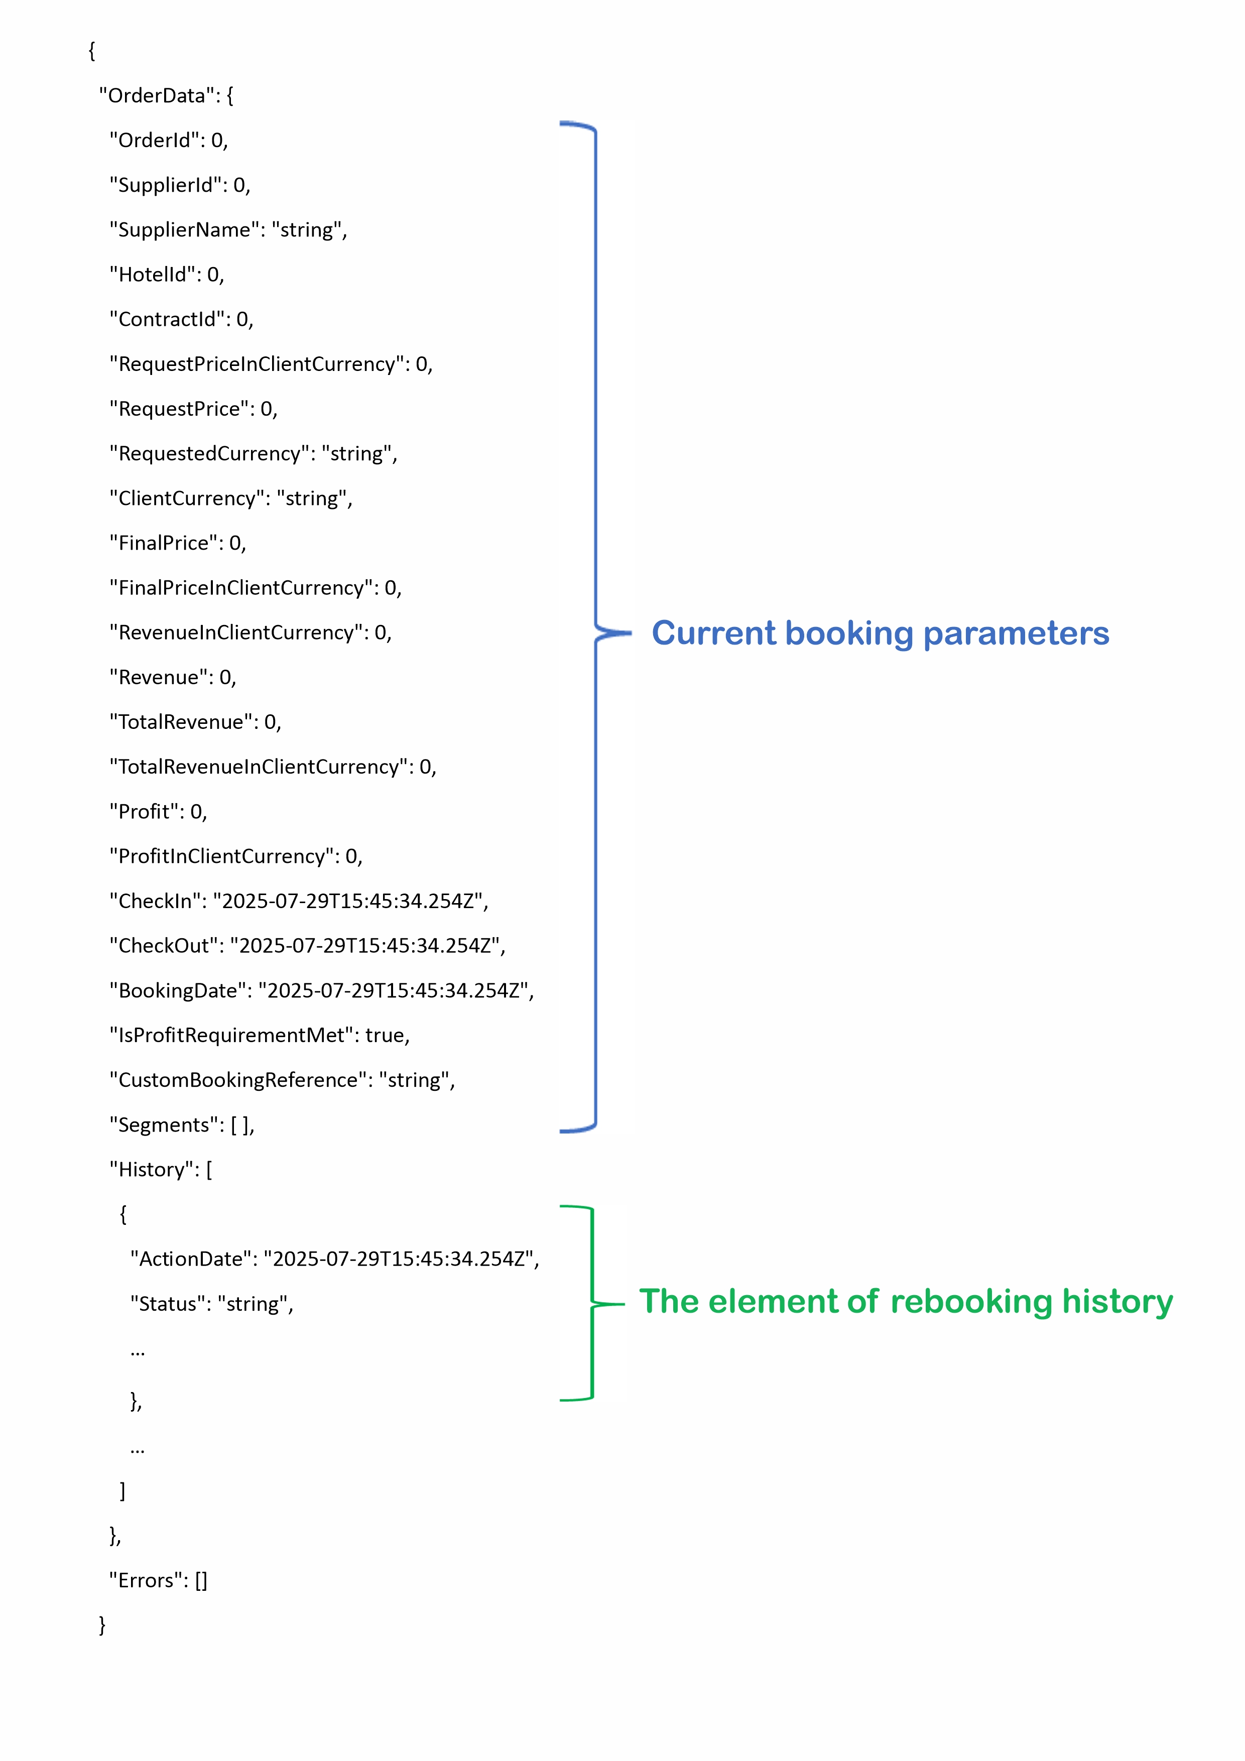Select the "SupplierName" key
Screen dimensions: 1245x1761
185,230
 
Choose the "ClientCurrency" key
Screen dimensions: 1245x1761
187,498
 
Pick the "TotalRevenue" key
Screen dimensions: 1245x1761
181,722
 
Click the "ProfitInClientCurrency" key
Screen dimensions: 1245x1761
222,857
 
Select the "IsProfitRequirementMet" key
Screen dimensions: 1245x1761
231,1036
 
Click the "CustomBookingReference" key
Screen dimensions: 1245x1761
238,1081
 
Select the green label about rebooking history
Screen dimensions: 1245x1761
906,1302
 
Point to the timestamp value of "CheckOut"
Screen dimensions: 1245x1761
368,946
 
